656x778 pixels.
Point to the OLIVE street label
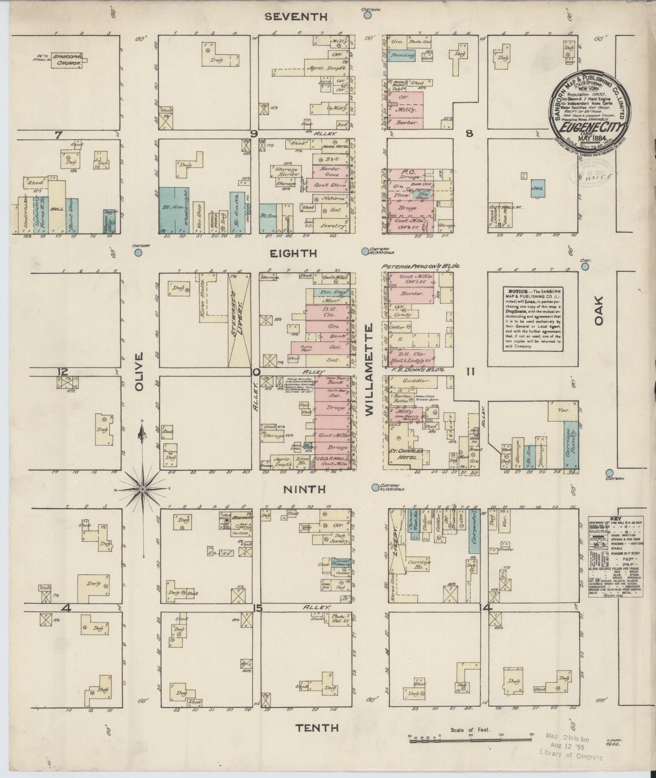tap(139, 372)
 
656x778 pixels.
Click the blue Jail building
tap(539, 188)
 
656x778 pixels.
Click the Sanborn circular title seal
tap(588, 106)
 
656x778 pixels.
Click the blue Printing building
tap(402, 55)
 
